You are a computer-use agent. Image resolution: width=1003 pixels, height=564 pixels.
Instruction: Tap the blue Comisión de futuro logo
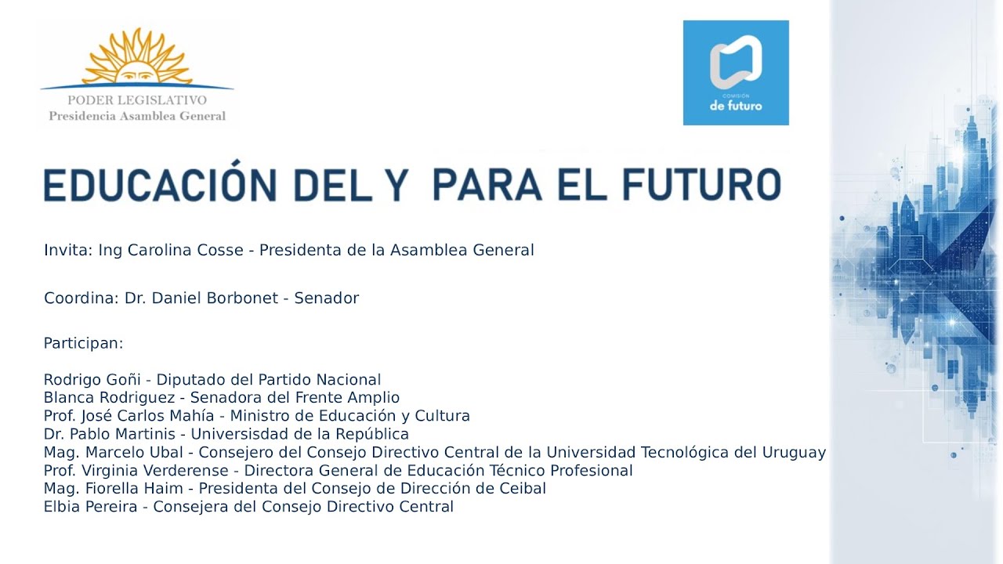point(736,73)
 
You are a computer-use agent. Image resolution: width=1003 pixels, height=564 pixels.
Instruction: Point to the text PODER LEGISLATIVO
point(137,100)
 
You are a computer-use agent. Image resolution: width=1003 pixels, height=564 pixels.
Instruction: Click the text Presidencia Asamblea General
point(137,116)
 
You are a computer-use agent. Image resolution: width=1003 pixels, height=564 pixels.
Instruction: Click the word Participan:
point(84,343)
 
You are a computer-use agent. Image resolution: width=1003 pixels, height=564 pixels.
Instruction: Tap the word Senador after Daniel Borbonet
point(327,298)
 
